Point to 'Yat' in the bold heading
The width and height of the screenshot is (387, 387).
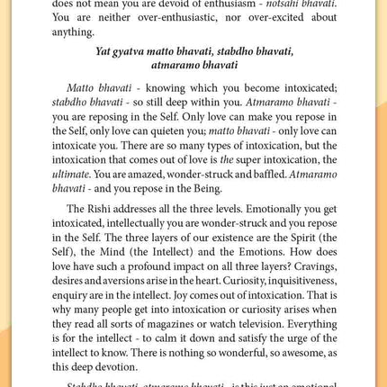coord(105,51)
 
